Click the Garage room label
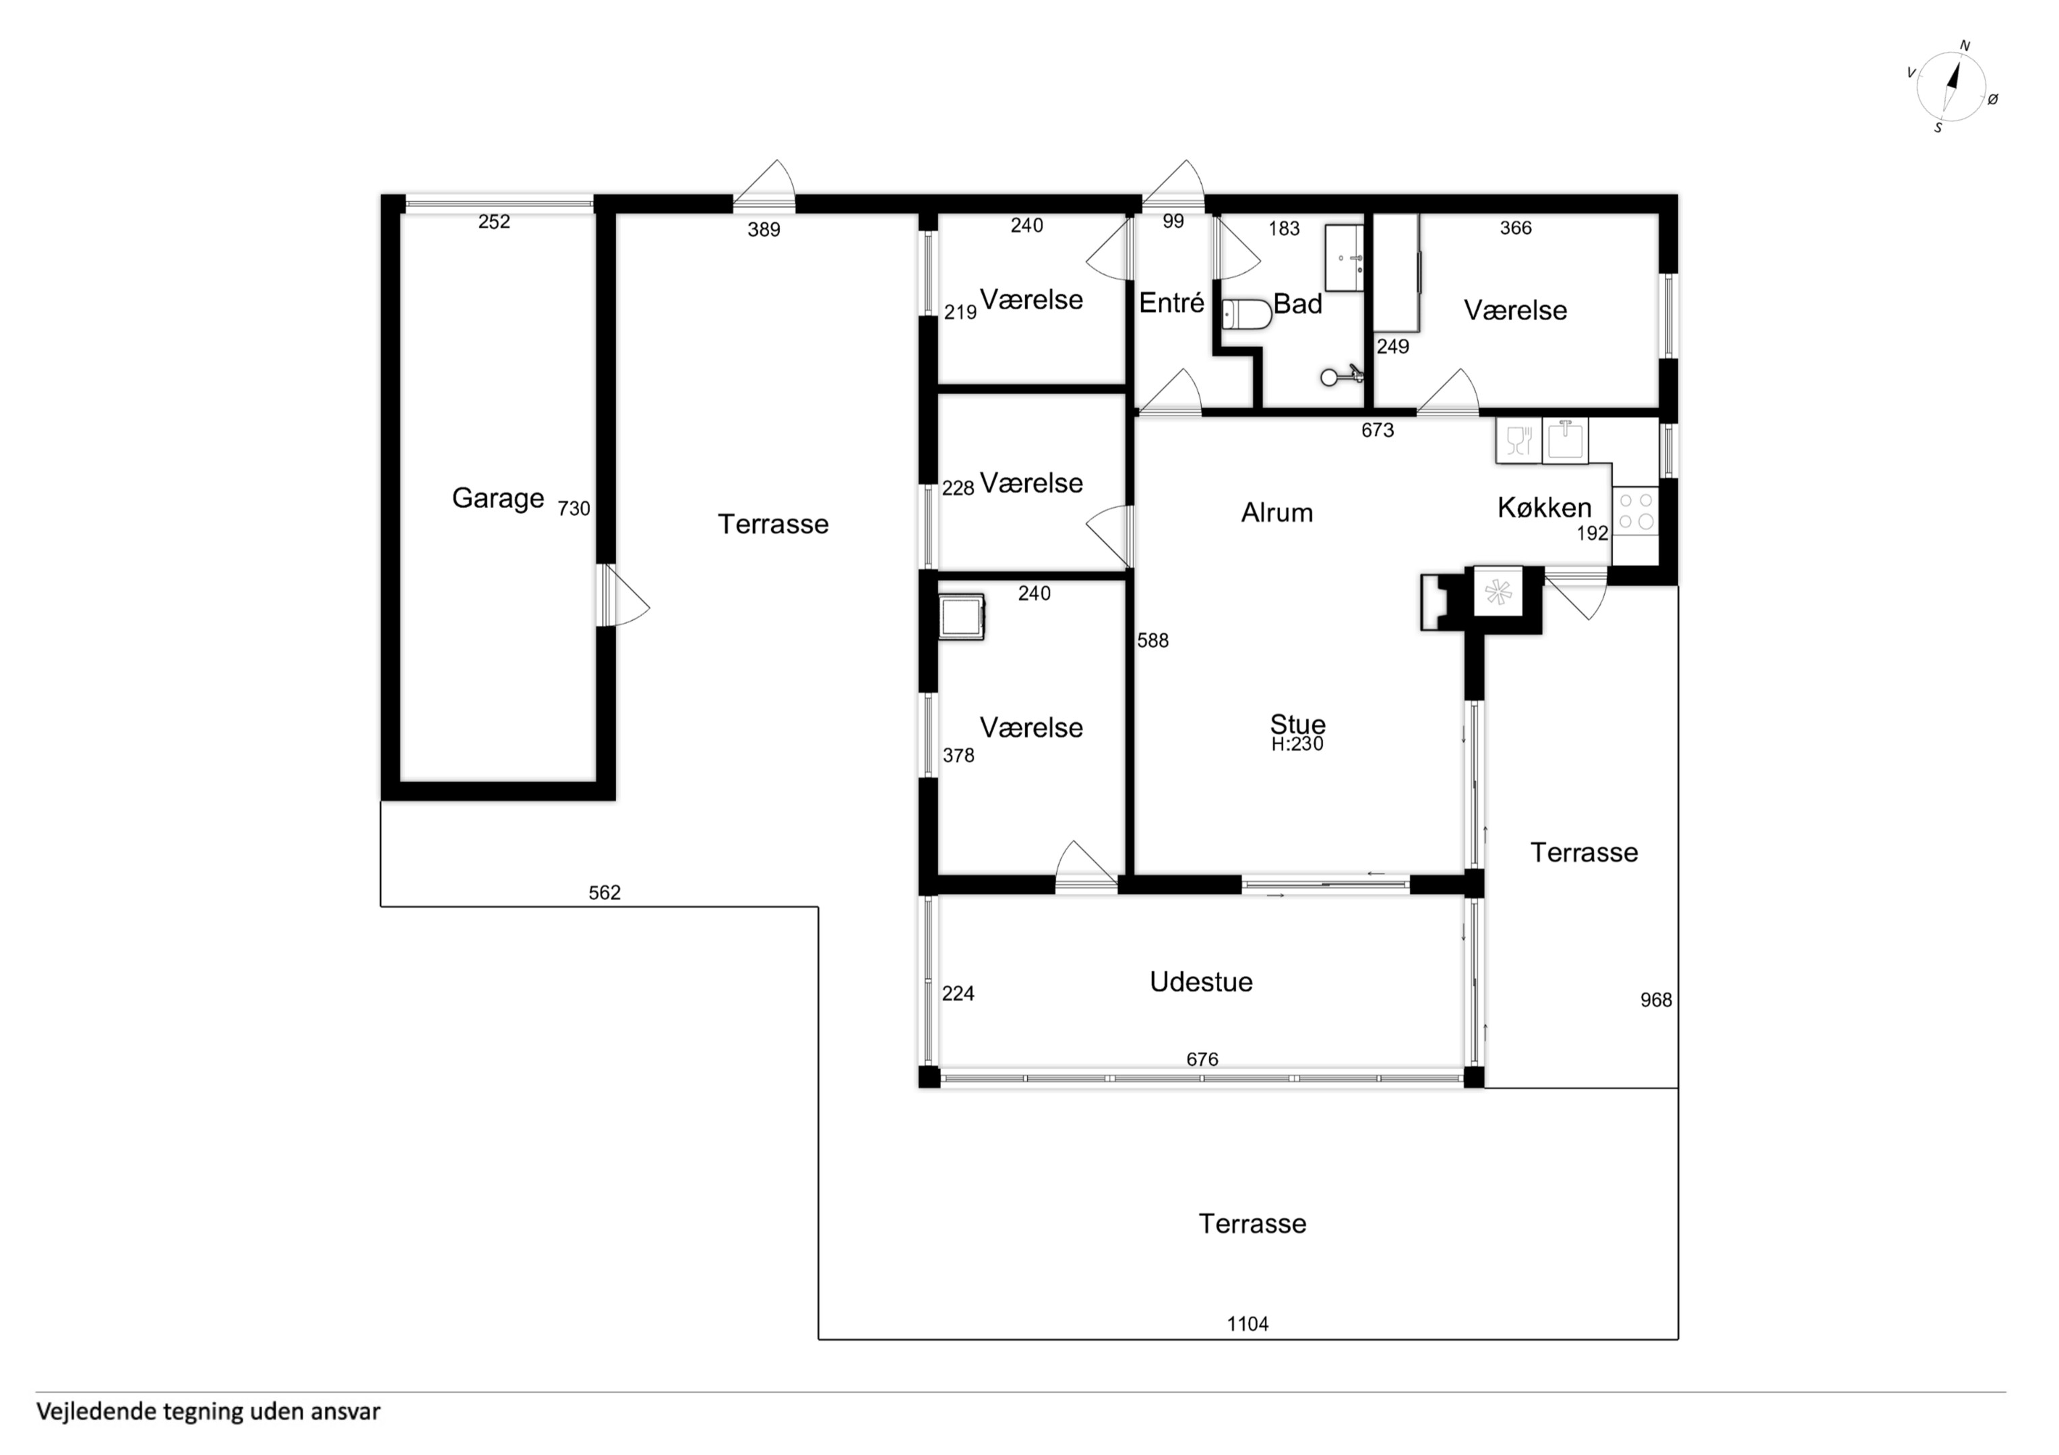tap(497, 498)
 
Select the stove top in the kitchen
tap(1636, 512)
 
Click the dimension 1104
tap(1248, 1323)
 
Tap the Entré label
tap(1171, 303)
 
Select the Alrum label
tap(1277, 513)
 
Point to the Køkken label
tap(1544, 509)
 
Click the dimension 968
tap(1655, 1000)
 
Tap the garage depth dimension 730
tap(574, 509)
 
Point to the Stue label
tap(1297, 723)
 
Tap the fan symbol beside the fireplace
tap(1498, 591)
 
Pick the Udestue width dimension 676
tap(1202, 1059)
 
